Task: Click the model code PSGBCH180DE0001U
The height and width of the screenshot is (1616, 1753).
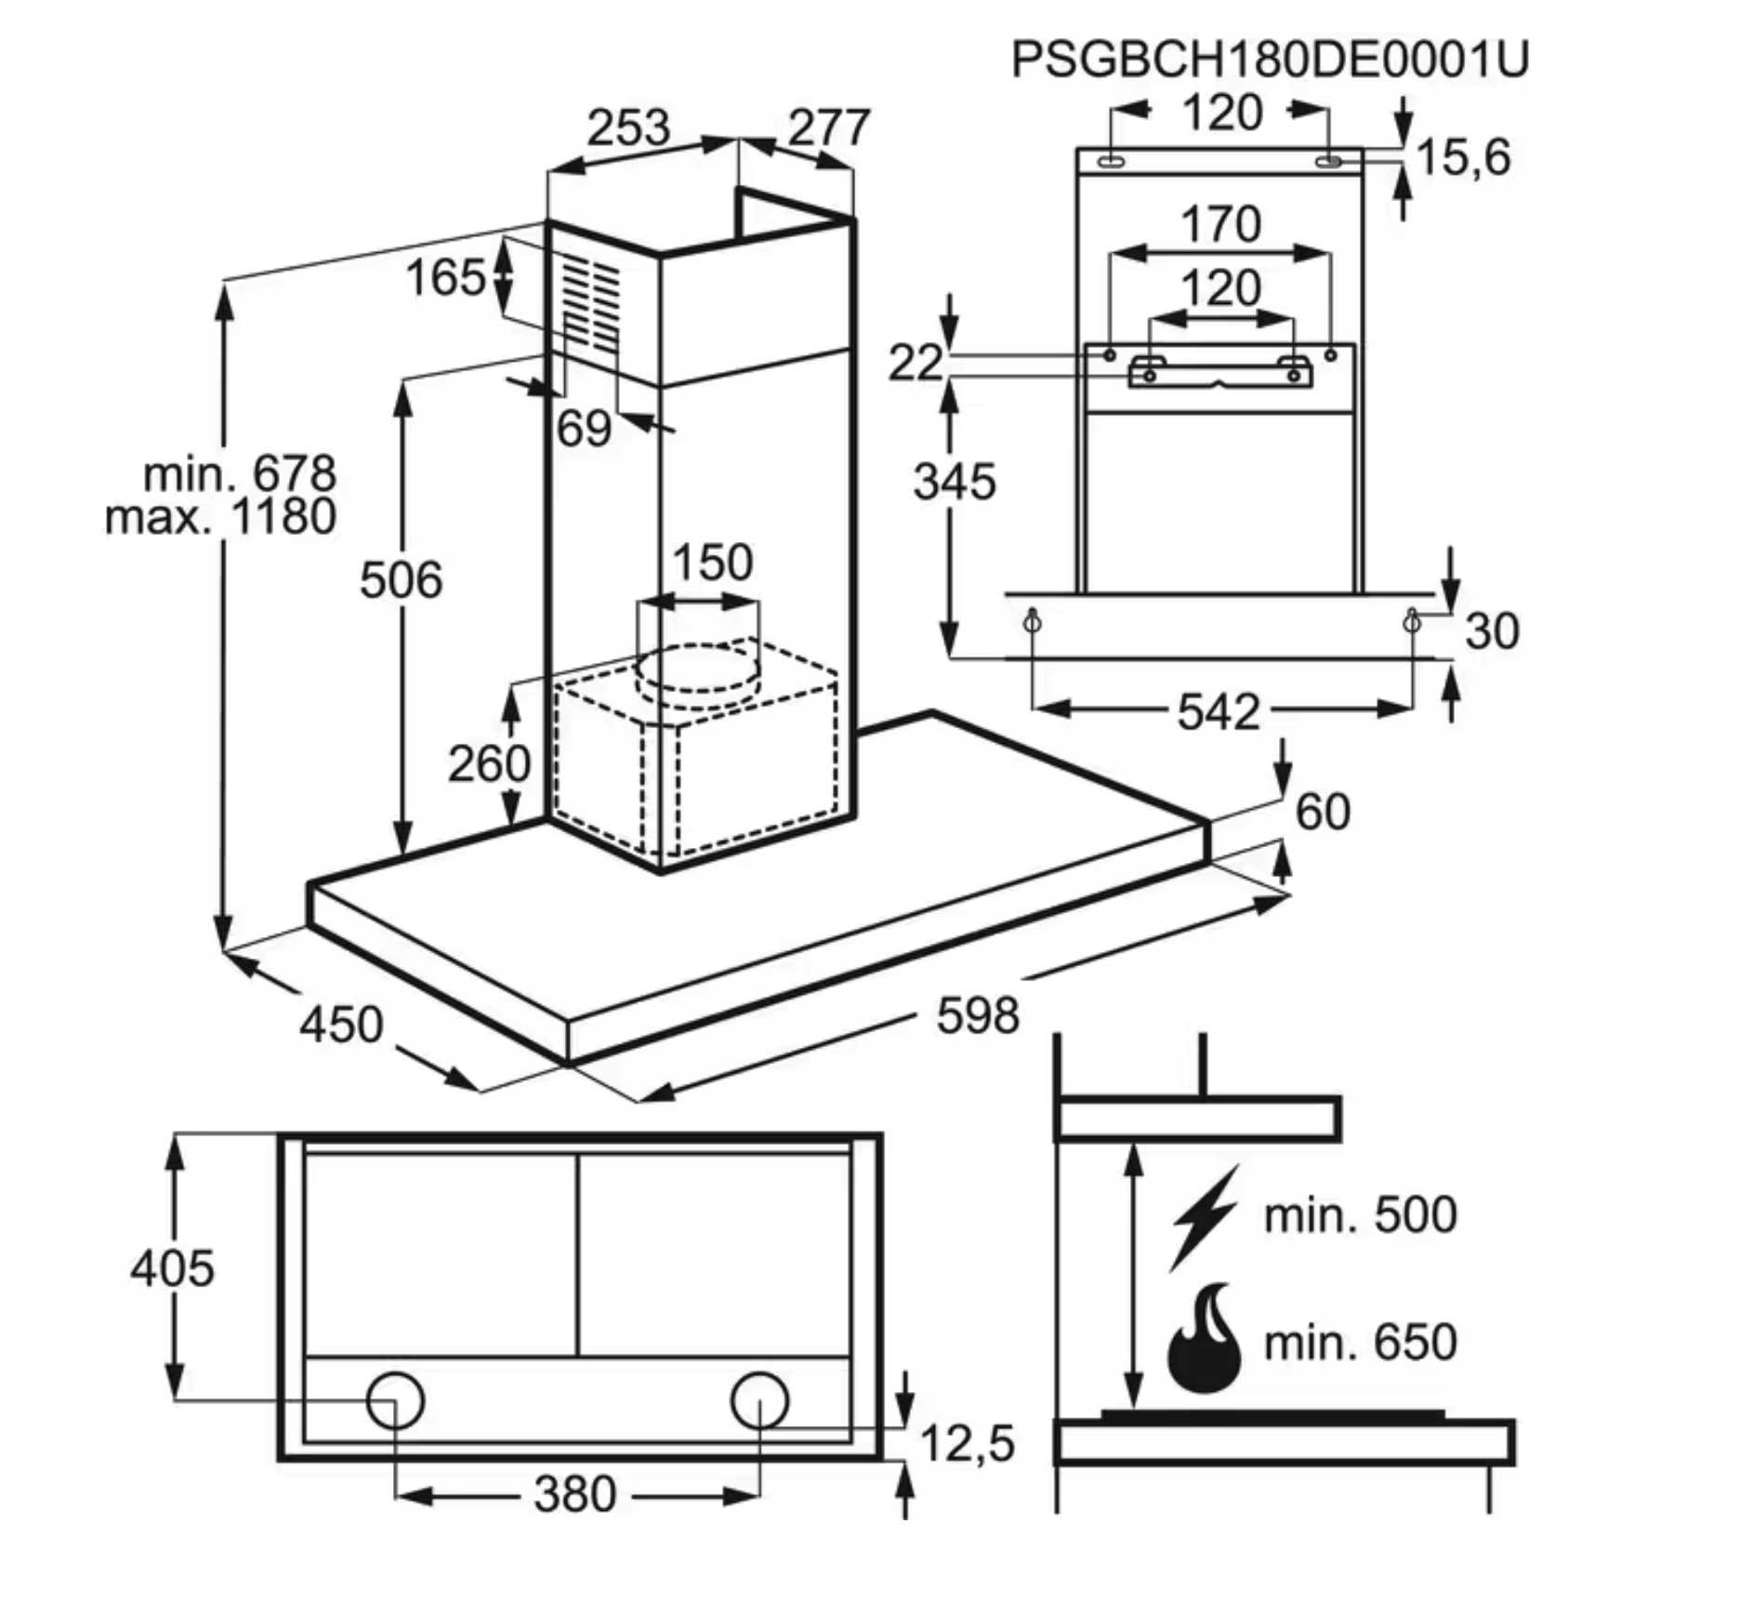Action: pos(1269,60)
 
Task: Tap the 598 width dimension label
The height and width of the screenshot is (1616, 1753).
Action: pos(977,1014)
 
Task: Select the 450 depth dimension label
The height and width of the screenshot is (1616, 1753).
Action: pos(340,1024)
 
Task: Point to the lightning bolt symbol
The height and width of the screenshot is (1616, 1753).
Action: pos(1205,1216)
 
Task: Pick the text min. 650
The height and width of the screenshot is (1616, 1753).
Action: pos(1360,1342)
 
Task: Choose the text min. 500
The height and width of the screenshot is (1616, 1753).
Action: pos(1360,1214)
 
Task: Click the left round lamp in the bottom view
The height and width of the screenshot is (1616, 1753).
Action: pos(395,1400)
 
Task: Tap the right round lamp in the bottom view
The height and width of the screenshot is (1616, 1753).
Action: pos(759,1400)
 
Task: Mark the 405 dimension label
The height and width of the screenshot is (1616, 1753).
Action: pos(172,1268)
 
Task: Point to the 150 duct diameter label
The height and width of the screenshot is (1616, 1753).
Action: pos(712,563)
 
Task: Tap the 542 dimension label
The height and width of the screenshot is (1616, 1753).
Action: pos(1219,712)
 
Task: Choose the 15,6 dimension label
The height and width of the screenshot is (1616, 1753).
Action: pos(1463,156)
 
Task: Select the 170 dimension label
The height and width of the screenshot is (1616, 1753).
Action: pos(1220,224)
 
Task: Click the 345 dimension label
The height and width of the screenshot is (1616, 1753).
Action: pos(954,482)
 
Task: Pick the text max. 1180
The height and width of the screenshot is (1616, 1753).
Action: pos(220,517)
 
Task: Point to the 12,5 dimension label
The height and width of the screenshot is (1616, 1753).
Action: pos(967,1444)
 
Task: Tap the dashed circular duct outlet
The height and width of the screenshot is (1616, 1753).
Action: pos(698,670)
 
